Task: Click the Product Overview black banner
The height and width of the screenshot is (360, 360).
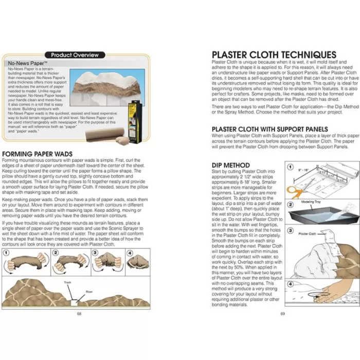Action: click(77, 55)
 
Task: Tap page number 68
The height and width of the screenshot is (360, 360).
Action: click(79, 313)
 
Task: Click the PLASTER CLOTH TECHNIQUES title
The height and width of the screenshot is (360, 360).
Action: click(274, 55)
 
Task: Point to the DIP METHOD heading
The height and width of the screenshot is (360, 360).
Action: click(231, 165)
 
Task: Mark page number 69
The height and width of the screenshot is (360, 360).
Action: click(282, 313)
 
